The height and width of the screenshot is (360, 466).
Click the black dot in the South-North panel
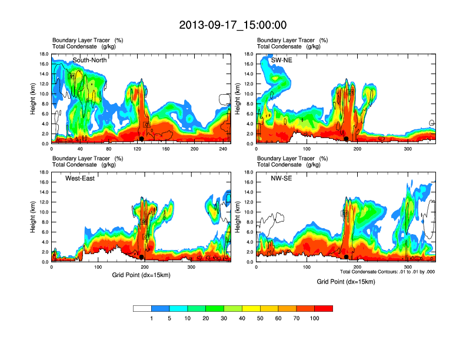click(142, 139)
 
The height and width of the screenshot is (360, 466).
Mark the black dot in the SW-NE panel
click(346, 139)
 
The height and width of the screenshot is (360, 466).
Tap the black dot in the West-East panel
click(142, 257)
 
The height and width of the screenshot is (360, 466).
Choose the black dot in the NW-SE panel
click(346, 257)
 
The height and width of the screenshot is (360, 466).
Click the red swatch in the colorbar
click(324, 308)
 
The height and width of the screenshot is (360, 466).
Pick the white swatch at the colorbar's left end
click(142, 308)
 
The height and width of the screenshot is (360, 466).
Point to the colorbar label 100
click(315, 318)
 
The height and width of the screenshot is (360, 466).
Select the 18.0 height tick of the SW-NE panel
click(249, 54)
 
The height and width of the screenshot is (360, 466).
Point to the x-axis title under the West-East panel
click(141, 275)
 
